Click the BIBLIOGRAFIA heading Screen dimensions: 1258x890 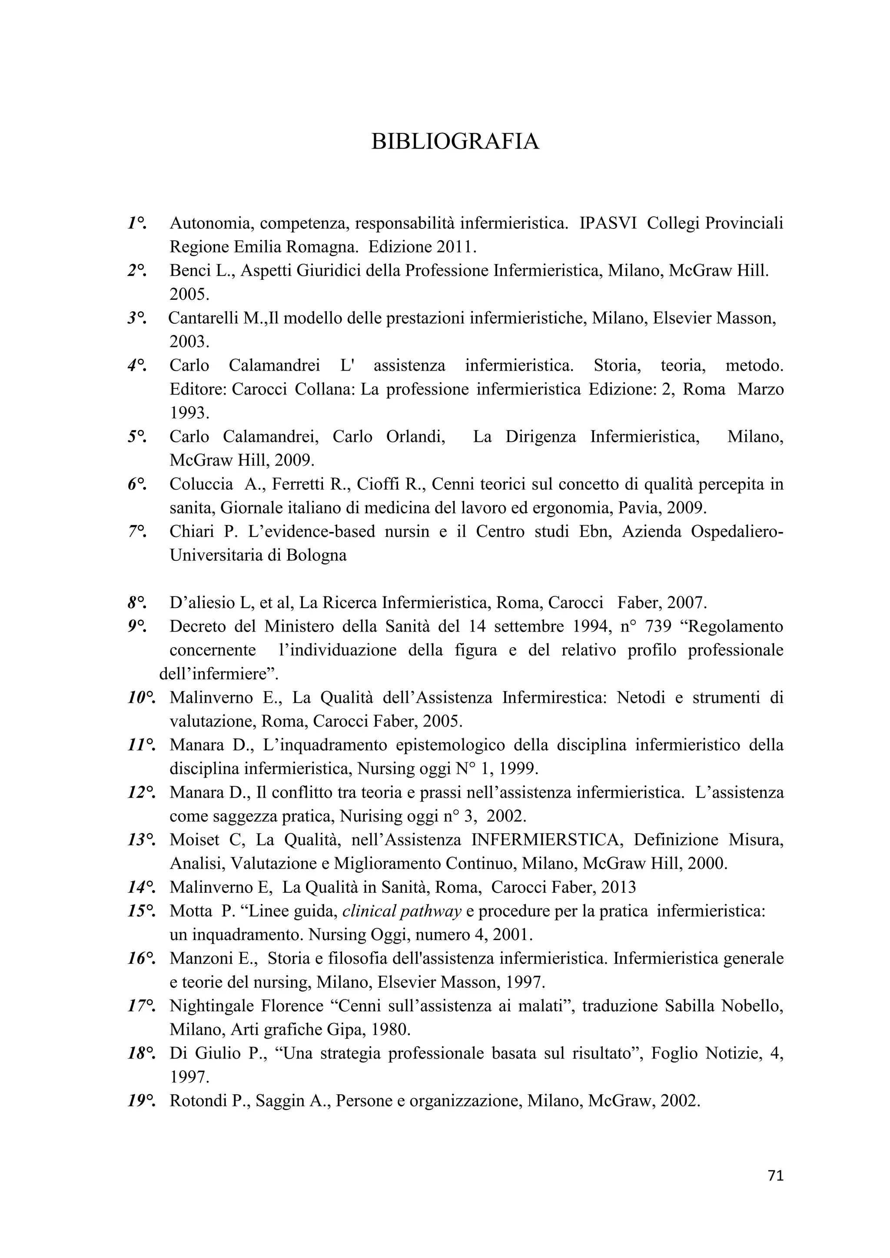pos(455,142)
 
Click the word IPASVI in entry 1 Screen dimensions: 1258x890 pos(608,224)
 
